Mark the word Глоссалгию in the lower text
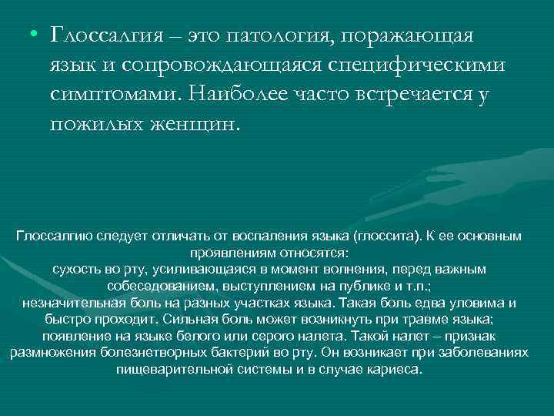pyautogui.click(x=51, y=235)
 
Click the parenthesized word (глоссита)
pyautogui.click(x=392, y=235)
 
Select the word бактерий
pyautogui.click(x=235, y=353)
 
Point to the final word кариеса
pyautogui.click(x=396, y=370)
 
